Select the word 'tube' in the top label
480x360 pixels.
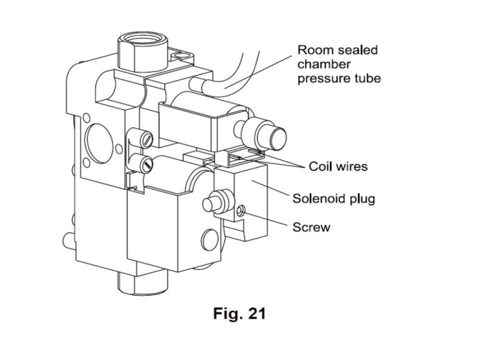pos(367,79)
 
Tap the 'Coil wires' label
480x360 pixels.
pos(338,167)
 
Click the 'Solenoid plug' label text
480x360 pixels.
pos(334,199)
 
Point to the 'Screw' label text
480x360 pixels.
pos(311,227)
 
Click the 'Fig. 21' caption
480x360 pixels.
pos(239,313)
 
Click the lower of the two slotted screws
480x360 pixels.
pos(145,164)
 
